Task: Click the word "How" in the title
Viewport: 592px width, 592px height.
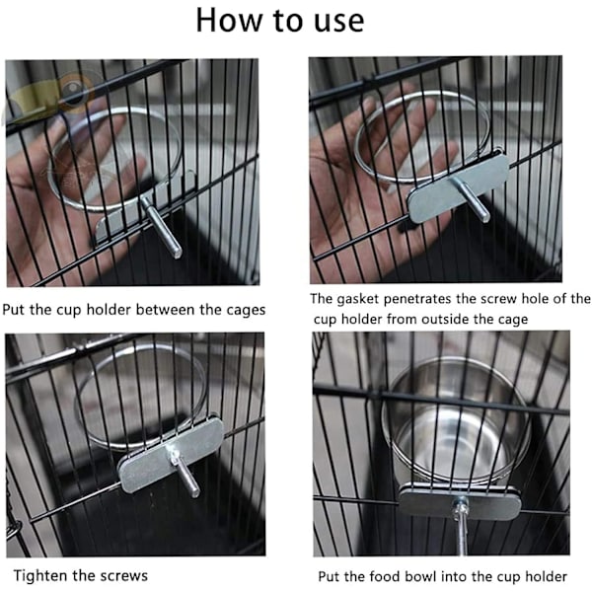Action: pos(229,21)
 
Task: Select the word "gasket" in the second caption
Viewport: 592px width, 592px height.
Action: pos(357,299)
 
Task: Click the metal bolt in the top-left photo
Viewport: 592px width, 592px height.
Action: pos(161,227)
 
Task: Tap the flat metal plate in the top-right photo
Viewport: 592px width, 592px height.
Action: pos(459,187)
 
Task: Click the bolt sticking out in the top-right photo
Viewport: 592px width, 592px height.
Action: pos(471,199)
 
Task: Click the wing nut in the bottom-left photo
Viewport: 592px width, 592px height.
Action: pos(174,457)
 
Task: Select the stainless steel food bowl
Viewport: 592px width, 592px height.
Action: pos(456,423)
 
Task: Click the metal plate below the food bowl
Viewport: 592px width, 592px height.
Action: pos(460,502)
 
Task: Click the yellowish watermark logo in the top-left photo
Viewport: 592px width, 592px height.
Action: pos(53,95)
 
